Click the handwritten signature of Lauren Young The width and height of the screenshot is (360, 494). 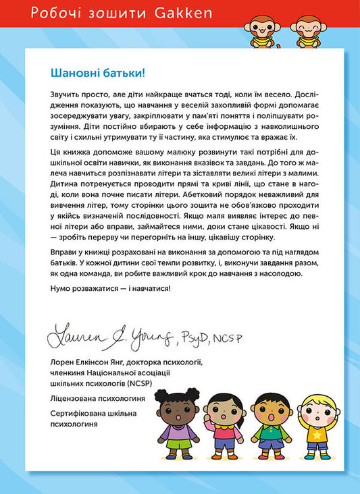click(x=109, y=331)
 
